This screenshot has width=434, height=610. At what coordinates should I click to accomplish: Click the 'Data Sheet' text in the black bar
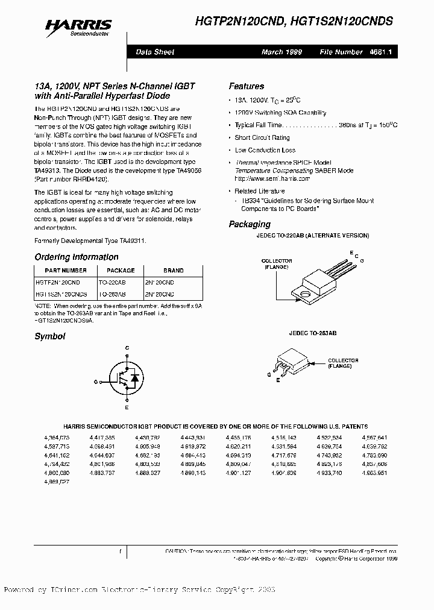point(155,52)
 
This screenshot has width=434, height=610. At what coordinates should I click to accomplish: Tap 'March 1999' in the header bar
point(281,52)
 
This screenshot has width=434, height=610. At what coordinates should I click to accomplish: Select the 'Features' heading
point(246,86)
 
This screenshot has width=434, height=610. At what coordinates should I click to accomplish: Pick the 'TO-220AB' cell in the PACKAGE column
point(112,282)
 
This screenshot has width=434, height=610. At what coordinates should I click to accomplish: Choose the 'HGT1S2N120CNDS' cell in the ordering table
point(61,294)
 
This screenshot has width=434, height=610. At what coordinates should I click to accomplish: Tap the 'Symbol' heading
point(49,336)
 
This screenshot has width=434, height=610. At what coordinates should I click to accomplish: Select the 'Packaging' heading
point(250,224)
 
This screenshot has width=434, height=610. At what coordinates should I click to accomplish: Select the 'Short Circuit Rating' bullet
point(262,137)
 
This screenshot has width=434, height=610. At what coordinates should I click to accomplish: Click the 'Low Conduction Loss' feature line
point(265,150)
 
